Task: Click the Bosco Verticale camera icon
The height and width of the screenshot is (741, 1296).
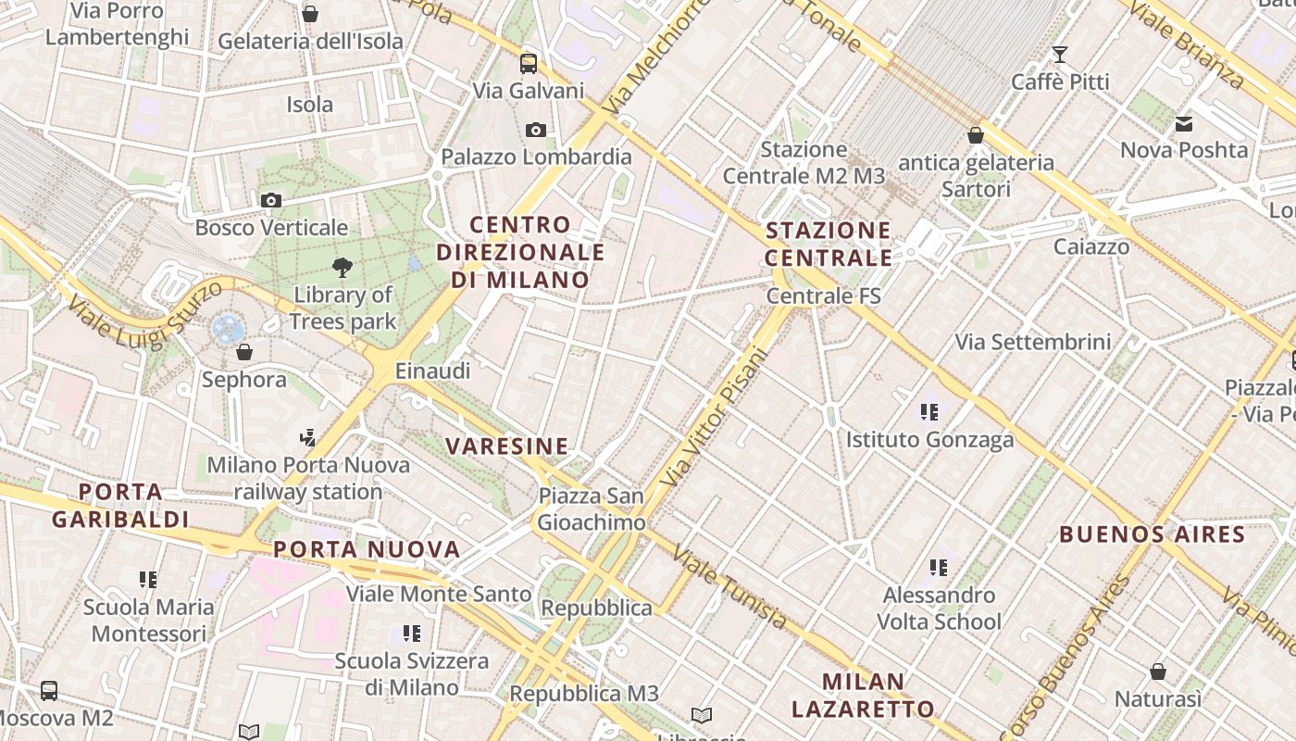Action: pyautogui.click(x=271, y=200)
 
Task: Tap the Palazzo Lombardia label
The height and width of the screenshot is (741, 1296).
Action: pyautogui.click(x=536, y=157)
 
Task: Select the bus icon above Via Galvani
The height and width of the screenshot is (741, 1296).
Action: pyautogui.click(x=529, y=64)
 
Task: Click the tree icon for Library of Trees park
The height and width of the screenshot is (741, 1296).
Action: pyautogui.click(x=343, y=268)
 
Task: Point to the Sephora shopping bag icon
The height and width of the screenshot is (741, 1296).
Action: pyautogui.click(x=244, y=352)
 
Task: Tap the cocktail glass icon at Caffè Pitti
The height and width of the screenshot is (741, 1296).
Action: pyautogui.click(x=1060, y=55)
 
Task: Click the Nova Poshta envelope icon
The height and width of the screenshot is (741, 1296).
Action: pyautogui.click(x=1184, y=124)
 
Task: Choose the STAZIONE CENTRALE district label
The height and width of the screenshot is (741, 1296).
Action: pyautogui.click(x=829, y=244)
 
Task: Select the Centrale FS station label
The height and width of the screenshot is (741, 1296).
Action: pyautogui.click(x=823, y=296)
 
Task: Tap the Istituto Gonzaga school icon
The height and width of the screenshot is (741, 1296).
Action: pyautogui.click(x=929, y=412)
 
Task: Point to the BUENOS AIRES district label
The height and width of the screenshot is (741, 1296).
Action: pyautogui.click(x=1153, y=534)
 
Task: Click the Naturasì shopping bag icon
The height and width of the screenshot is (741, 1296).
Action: pyautogui.click(x=1158, y=672)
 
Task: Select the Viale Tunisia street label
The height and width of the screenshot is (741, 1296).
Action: pyautogui.click(x=729, y=587)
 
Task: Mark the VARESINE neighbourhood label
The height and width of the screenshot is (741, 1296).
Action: pyautogui.click(x=507, y=446)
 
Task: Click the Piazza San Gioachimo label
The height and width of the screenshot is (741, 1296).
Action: pyautogui.click(x=592, y=509)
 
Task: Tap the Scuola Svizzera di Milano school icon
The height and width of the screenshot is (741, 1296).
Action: pyautogui.click(x=412, y=634)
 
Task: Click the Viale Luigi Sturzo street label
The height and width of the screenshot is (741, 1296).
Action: pyautogui.click(x=145, y=315)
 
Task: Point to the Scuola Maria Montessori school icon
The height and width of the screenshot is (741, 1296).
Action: pyautogui.click(x=148, y=580)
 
